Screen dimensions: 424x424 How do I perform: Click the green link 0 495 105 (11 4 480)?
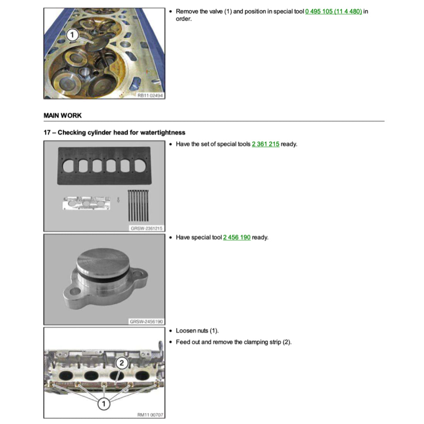pyautogui.click(x=333, y=11)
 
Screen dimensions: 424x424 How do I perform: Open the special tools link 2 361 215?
pyautogui.click(x=265, y=144)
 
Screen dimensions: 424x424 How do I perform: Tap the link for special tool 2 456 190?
pyautogui.click(x=236, y=237)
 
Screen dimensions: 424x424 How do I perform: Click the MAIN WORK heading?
pyautogui.click(x=63, y=116)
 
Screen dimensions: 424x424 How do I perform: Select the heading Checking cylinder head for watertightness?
pyautogui.click(x=121, y=132)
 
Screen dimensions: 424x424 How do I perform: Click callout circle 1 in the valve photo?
pyautogui.click(x=72, y=35)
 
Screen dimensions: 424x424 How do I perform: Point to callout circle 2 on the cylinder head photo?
pyautogui.click(x=122, y=363)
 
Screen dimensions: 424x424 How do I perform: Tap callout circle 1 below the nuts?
pyautogui.click(x=104, y=404)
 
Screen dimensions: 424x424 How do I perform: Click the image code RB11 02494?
pyautogui.click(x=150, y=96)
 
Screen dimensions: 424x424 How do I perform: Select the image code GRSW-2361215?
pyautogui.click(x=147, y=229)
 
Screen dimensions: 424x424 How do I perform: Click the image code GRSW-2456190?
pyautogui.click(x=146, y=321)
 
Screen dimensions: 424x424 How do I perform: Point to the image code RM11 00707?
pyautogui.click(x=150, y=415)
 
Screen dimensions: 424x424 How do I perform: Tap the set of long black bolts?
pyautogui.click(x=138, y=205)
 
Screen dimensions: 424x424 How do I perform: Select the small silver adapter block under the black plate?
pyautogui.click(x=87, y=203)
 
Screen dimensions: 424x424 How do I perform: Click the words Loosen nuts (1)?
pyautogui.click(x=197, y=331)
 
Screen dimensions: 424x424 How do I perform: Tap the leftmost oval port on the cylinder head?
pyautogui.click(x=66, y=375)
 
